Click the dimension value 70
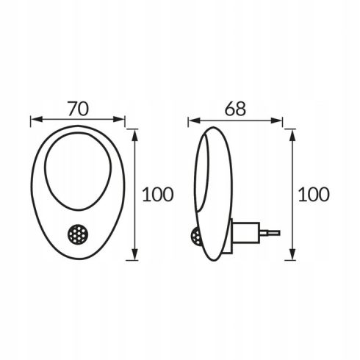coord(78,109)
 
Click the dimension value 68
coord(235,109)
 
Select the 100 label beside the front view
coord(158,195)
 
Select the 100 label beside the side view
coord(314,195)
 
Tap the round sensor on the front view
coord(78,234)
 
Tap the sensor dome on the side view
coord(196,237)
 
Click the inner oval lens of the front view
coord(78,171)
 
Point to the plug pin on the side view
coord(270,232)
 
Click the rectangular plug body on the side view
coord(245,232)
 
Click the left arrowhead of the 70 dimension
coord(37,120)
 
